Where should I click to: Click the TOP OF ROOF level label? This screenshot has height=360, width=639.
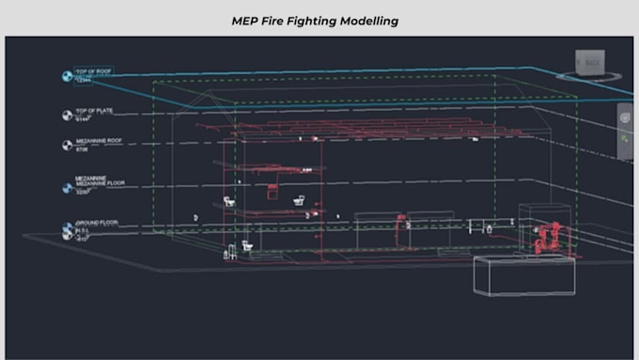tap(92, 71)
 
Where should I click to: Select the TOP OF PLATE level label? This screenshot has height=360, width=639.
tap(94, 111)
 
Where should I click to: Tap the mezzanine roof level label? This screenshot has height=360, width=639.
tap(99, 142)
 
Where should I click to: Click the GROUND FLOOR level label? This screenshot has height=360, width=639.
tap(96, 223)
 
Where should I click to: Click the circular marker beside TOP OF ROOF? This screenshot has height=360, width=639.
tap(67, 76)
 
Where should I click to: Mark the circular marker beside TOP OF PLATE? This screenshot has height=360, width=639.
tap(67, 116)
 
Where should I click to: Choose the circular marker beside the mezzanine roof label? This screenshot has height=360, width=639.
tap(67, 146)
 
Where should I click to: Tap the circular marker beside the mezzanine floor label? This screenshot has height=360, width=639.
tap(67, 188)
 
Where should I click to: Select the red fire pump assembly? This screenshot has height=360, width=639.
tap(548, 236)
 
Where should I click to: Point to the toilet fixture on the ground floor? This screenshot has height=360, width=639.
tap(247, 246)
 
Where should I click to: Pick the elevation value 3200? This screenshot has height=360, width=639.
tap(83, 191)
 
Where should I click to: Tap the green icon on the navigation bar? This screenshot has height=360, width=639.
tap(625, 139)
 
